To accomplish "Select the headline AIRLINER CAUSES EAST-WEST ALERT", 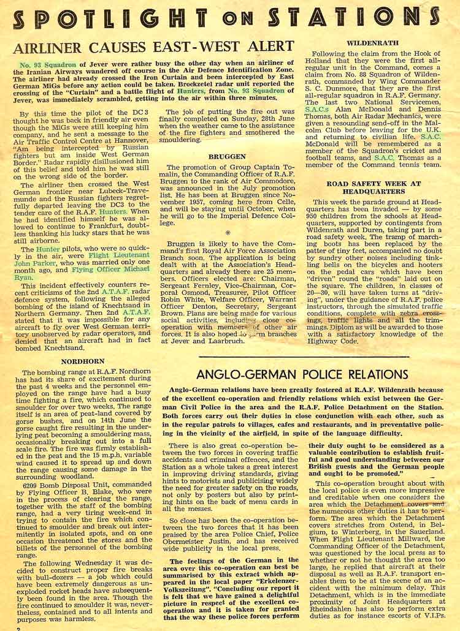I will [153, 47].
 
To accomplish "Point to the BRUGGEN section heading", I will [227, 156].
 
